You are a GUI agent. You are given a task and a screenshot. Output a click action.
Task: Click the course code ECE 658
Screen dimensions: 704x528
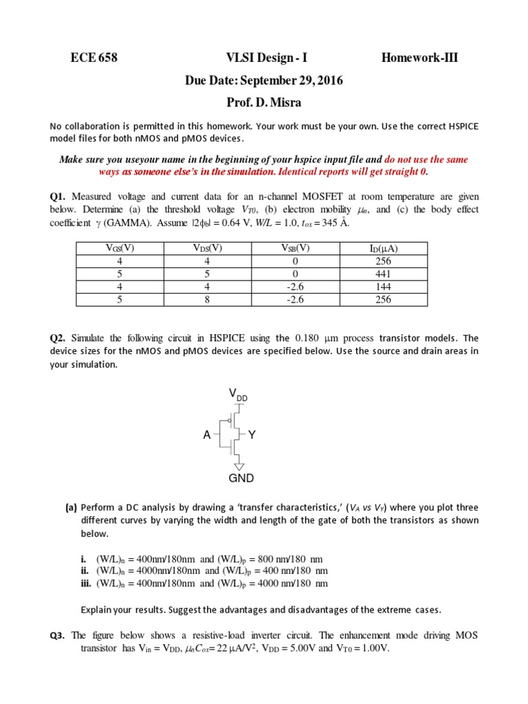tap(94, 58)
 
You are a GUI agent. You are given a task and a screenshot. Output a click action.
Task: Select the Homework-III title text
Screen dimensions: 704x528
tap(419, 58)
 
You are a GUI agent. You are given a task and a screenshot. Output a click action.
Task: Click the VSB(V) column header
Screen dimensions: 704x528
tap(298, 248)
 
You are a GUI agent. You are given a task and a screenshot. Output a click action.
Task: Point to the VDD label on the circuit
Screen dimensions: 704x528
tap(238, 394)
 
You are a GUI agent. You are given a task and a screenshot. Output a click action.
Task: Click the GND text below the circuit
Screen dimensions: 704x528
tap(241, 478)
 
